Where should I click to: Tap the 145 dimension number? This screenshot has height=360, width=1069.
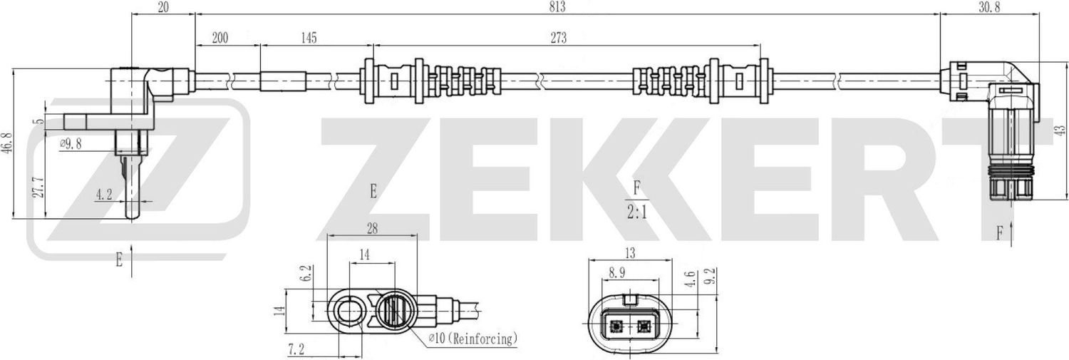pos(308,38)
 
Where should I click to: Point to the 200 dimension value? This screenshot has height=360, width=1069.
pos(220,38)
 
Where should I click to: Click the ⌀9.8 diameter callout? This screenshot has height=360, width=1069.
pos(71,143)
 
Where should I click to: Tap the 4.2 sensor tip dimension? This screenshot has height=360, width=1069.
pos(104,193)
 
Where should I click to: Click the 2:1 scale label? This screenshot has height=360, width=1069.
pos(636,212)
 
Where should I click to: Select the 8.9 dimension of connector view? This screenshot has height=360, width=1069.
pos(618,271)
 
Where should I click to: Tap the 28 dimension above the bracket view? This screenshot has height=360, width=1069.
pos(371,228)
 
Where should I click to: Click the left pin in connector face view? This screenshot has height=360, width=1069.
pos(614,328)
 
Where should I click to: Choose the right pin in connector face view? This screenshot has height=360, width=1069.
pos(644,328)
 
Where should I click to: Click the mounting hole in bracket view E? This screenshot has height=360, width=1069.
pos(349,311)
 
